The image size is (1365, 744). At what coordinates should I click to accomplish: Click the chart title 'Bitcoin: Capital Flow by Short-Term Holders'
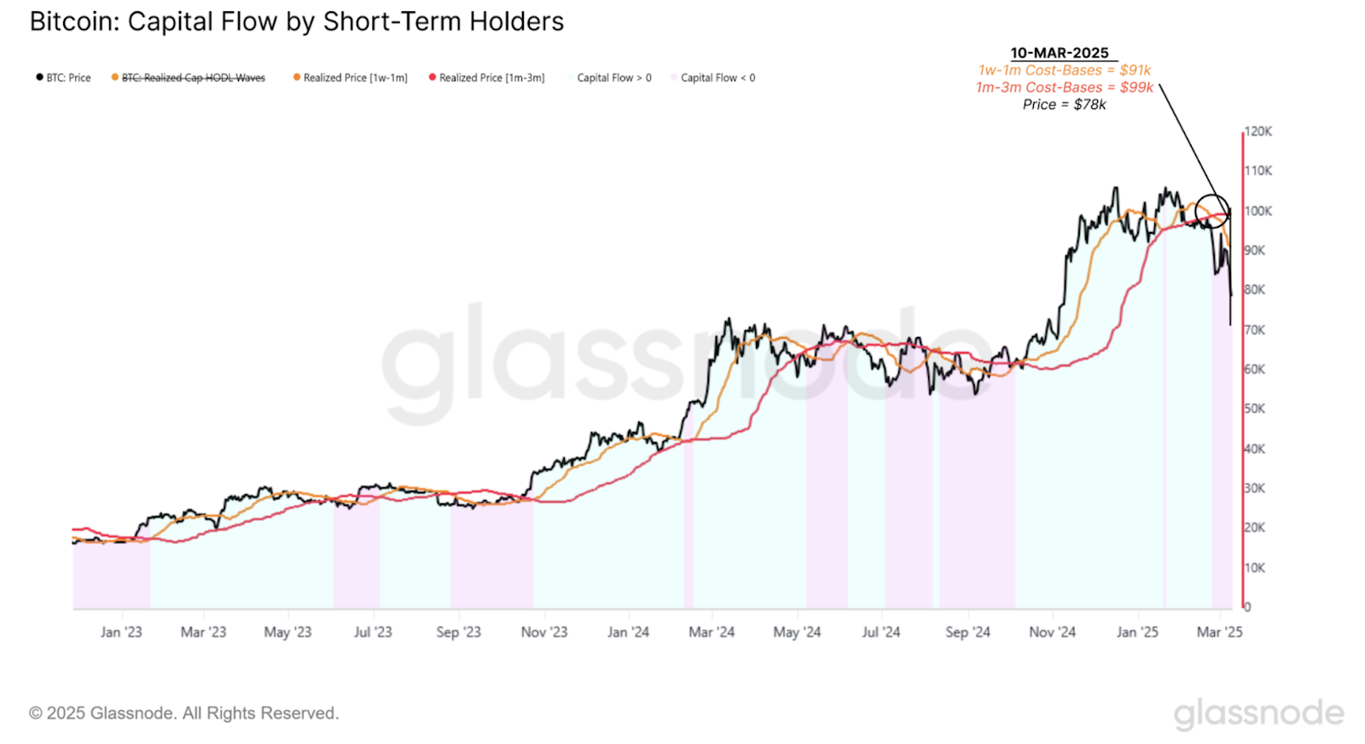[x=296, y=21]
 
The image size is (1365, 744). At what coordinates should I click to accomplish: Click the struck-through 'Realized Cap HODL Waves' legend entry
[x=189, y=78]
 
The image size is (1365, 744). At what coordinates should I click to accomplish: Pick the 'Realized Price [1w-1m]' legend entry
[x=351, y=78]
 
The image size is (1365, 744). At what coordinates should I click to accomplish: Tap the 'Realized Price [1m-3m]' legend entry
[x=487, y=78]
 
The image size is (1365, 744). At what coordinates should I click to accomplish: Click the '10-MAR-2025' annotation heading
[x=1060, y=53]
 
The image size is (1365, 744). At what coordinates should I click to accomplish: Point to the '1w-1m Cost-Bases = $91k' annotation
[x=1065, y=70]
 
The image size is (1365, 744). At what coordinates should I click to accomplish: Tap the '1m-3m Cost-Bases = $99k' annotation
[x=1065, y=87]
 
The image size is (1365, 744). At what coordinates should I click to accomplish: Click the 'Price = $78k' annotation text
[x=1065, y=104]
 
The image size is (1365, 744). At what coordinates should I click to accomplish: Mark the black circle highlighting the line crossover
[x=1211, y=210]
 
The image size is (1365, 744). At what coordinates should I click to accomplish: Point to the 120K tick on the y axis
[x=1258, y=131]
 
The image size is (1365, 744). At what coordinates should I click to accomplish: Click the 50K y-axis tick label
[x=1255, y=409]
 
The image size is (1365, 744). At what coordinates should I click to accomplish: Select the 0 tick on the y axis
[x=1247, y=607]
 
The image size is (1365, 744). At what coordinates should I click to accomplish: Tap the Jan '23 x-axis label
[x=121, y=632]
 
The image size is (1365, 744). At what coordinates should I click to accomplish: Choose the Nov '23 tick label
[x=544, y=632]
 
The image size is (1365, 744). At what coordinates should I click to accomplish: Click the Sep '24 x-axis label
[x=967, y=632]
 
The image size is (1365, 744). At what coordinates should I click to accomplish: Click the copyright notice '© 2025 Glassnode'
[x=183, y=713]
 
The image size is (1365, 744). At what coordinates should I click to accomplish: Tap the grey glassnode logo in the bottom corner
[x=1258, y=713]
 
